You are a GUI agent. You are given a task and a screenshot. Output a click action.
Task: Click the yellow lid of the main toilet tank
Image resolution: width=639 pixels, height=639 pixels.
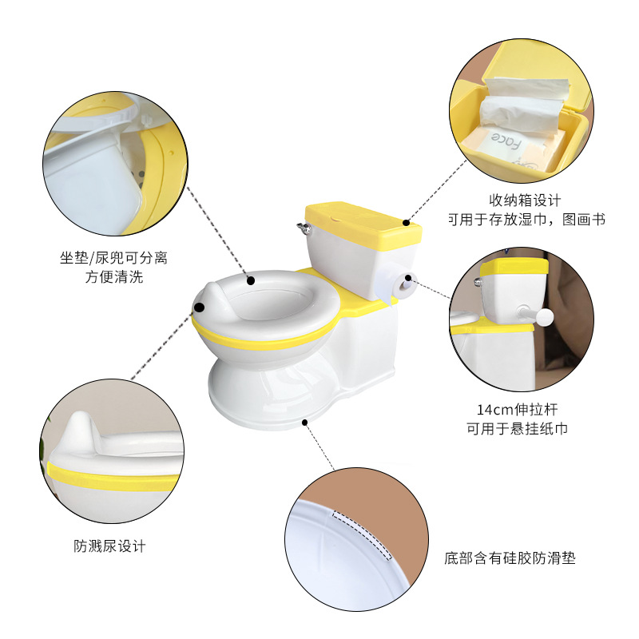[x=363, y=216]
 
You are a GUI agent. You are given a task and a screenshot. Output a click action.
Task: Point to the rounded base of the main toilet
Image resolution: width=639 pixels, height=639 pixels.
[x=272, y=395]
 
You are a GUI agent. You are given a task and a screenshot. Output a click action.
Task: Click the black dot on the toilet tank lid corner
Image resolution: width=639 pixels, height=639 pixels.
[x=407, y=221]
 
